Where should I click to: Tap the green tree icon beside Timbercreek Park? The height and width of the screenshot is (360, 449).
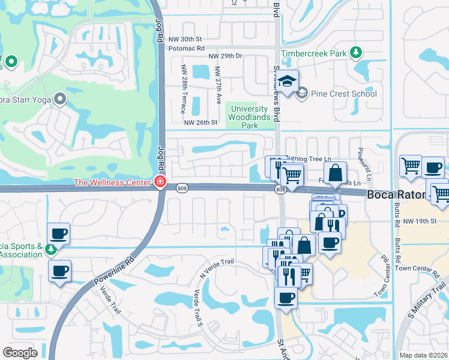click(356, 53)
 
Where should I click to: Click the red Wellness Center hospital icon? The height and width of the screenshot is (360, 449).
click(160, 182)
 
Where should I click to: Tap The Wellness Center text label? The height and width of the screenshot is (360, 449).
click(112, 182)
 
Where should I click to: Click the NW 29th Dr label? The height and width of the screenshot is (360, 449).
click(225, 56)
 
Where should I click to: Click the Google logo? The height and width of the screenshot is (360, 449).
click(20, 353)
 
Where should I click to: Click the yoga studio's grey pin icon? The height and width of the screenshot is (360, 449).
click(59, 98)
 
